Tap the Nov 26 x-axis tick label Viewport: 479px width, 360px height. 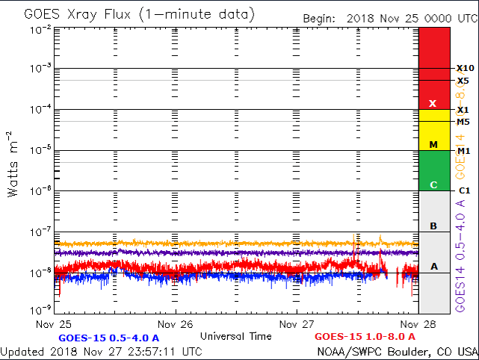(x=176, y=323)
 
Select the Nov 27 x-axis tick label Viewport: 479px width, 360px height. (x=297, y=323)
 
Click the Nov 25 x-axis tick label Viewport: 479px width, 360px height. (x=55, y=323)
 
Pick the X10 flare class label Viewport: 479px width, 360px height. (x=464, y=68)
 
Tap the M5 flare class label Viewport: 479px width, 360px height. (x=463, y=122)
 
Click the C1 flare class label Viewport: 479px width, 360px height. (x=463, y=191)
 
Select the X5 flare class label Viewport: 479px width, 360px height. (x=463, y=81)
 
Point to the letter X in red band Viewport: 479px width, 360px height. (x=433, y=103)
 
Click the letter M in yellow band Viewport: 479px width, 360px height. (x=433, y=144)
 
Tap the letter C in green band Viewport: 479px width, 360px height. (x=433, y=184)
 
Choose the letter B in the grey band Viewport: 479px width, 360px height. (x=433, y=226)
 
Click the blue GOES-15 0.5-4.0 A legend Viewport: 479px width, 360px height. (x=108, y=337)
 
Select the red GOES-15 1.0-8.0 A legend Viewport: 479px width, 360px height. (x=365, y=337)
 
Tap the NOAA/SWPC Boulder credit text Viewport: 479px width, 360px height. (x=398, y=351)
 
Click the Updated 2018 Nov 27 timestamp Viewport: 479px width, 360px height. (x=101, y=351)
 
